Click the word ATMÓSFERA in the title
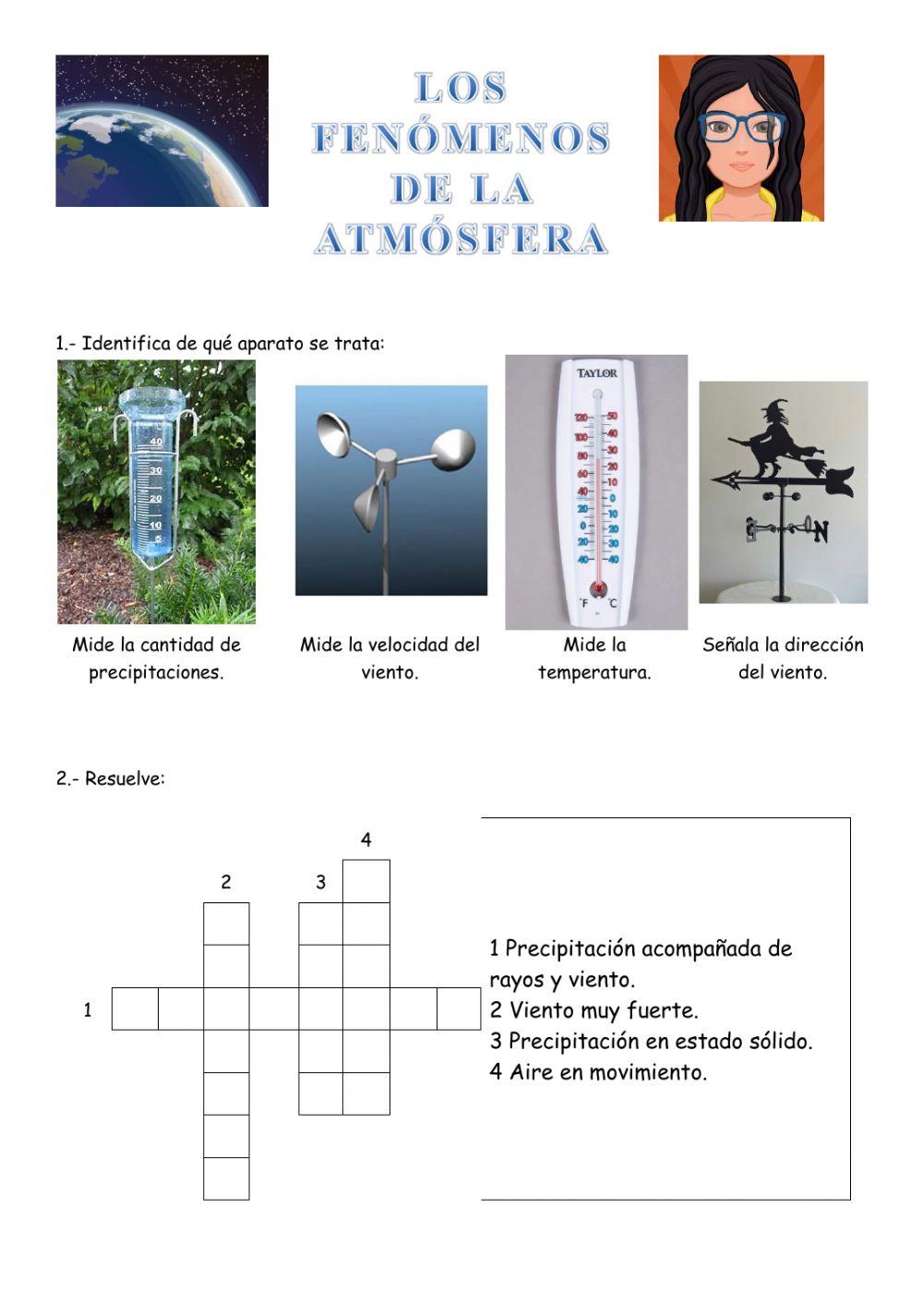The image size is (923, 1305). click(x=461, y=238)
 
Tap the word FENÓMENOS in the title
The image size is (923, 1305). click(x=461, y=138)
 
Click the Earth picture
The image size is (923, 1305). click(x=162, y=130)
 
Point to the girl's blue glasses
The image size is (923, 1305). click(x=741, y=126)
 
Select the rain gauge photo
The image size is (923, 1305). click(x=156, y=491)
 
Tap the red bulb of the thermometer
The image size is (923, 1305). click(x=598, y=587)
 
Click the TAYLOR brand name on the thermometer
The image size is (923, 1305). click(x=597, y=373)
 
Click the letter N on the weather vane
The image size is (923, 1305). click(x=821, y=532)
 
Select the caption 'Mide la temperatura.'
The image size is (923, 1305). click(x=594, y=659)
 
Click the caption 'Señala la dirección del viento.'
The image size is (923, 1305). click(x=783, y=659)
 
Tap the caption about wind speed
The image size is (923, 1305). click(x=390, y=659)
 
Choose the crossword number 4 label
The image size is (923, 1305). click(x=366, y=840)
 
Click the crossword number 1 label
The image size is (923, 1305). click(x=88, y=1009)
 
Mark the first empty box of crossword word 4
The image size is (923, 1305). click(x=366, y=881)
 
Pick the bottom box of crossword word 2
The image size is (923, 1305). click(x=226, y=1178)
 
